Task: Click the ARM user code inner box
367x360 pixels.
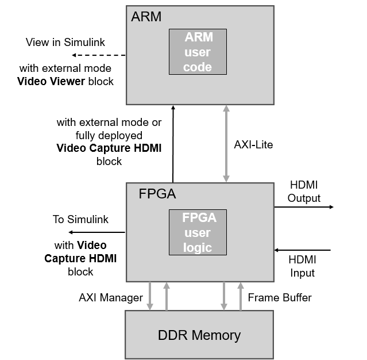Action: pos(198,52)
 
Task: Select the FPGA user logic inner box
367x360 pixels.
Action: pos(198,233)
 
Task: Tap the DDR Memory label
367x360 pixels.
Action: pos(199,335)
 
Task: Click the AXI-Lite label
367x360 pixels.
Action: pos(254,145)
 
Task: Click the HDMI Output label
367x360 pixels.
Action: pos(304,192)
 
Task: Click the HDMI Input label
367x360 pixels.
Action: pos(302,266)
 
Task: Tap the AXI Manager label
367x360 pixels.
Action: pos(110,297)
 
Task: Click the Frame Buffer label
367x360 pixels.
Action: pos(280,297)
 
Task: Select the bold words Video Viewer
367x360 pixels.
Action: pos(50,81)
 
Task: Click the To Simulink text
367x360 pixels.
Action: pos(80,219)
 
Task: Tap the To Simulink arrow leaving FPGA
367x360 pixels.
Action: pos(96,232)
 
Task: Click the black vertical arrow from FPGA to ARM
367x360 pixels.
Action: pos(172,144)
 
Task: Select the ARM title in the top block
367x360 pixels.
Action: pos(146,17)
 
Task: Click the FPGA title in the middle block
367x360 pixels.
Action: pos(157,194)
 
